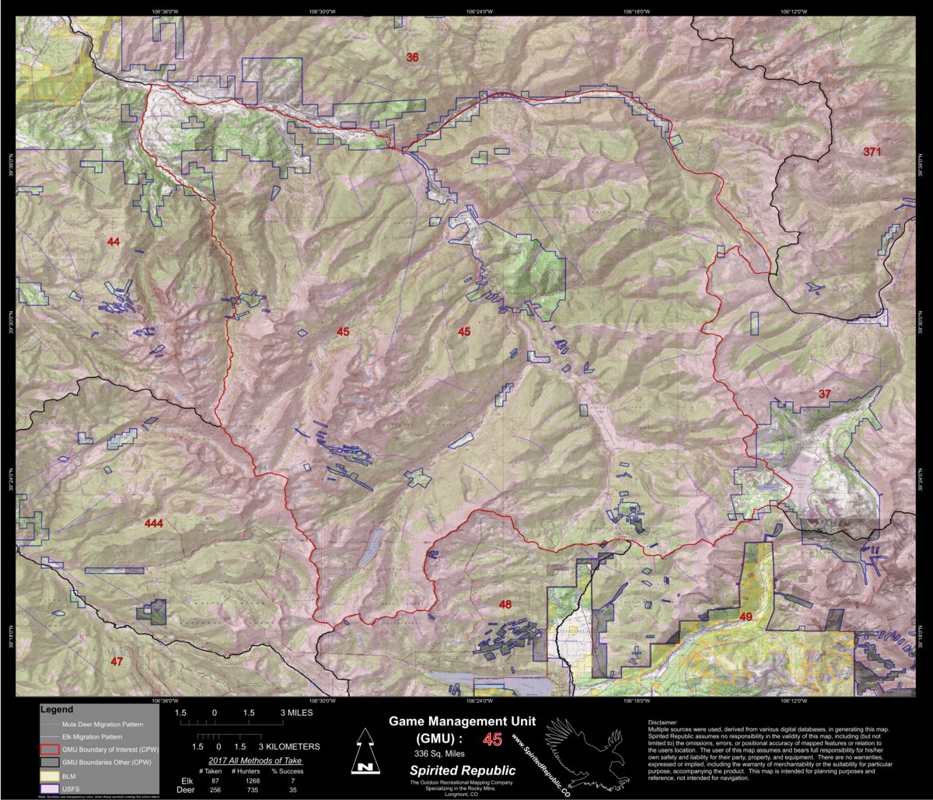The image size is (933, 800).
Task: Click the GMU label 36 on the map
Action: [x=412, y=57]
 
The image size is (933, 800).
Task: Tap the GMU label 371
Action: [x=872, y=152]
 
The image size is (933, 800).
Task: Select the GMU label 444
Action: [x=153, y=524]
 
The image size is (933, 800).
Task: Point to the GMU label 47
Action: [x=116, y=662]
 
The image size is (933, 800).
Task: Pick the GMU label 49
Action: [x=746, y=617]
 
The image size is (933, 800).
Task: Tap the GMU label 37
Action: [x=824, y=394]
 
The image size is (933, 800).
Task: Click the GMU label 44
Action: [x=114, y=243]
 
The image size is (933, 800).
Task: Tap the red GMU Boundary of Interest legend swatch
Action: [x=49, y=749]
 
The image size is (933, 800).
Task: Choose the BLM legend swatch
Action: [x=49, y=775]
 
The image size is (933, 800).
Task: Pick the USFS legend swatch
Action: [x=49, y=788]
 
